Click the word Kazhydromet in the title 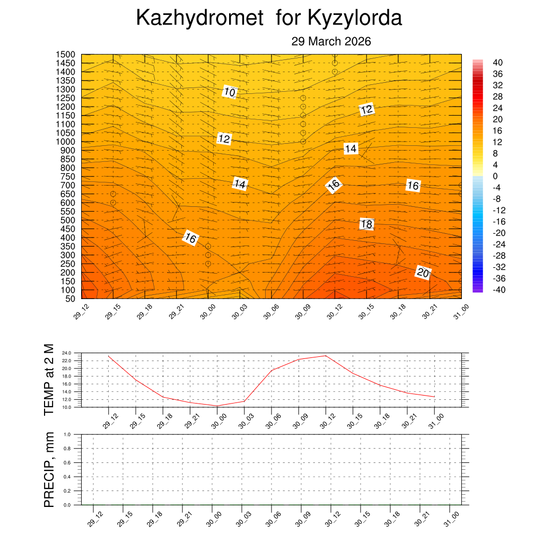(x=199, y=19)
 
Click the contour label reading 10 (x=229, y=92)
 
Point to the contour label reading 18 (x=366, y=224)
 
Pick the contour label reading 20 (x=423, y=273)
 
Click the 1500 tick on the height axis (x=66, y=54)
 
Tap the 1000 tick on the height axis (x=66, y=142)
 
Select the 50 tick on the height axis (x=69, y=299)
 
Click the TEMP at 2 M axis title (x=49, y=379)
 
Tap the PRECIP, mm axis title (x=49, y=469)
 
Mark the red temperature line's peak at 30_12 (x=326, y=356)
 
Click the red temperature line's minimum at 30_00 (x=217, y=406)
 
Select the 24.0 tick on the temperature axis (x=67, y=353)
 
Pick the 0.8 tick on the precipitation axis (x=67, y=449)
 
